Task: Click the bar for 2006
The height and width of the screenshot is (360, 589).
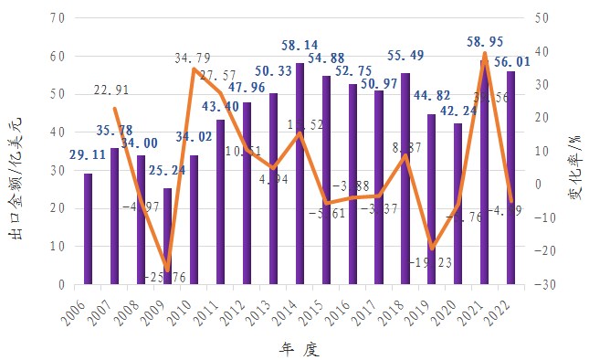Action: [x=89, y=228]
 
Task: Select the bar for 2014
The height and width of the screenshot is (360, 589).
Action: [x=300, y=174]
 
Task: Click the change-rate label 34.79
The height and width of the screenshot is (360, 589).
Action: [x=193, y=58]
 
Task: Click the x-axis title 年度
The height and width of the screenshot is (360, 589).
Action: [x=299, y=348]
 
